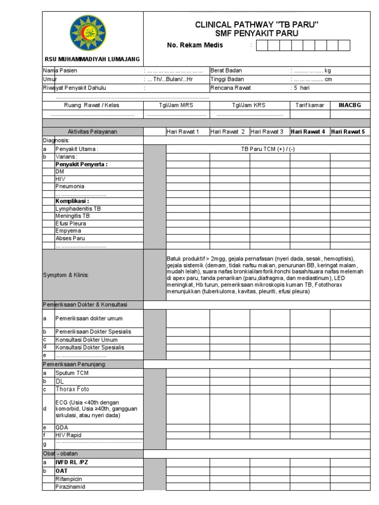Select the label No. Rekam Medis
[195, 45]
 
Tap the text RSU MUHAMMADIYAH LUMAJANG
[92, 59]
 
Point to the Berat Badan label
[227, 71]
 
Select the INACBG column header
[350, 105]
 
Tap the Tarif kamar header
[309, 105]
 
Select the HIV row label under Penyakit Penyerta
[61, 179]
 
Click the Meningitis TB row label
[73, 216]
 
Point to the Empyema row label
[68, 231]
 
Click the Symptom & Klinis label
[66, 275]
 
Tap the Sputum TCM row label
[72, 373]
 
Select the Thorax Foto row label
[72, 389]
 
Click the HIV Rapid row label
[69, 435]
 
